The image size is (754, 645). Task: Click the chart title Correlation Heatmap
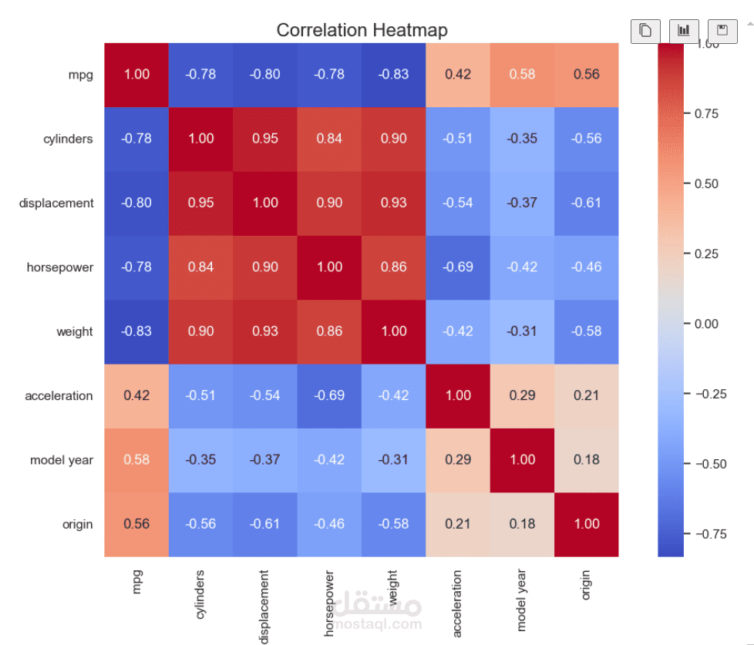[x=362, y=30]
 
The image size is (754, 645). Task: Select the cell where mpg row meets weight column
[x=394, y=75]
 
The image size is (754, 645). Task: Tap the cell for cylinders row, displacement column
[x=265, y=139]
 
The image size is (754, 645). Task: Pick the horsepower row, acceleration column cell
[x=458, y=267]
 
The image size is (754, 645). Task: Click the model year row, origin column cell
[x=587, y=460]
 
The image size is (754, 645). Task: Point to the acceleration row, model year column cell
[x=522, y=396]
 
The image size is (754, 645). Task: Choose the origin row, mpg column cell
[x=136, y=524]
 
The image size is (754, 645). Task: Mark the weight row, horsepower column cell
[x=329, y=331]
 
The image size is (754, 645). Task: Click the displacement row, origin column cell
[x=587, y=203]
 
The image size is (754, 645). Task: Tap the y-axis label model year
[x=62, y=460]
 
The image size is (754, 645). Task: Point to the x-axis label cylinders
[x=201, y=596]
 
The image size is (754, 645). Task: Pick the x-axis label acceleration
[x=458, y=603]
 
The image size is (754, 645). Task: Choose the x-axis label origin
[x=587, y=586]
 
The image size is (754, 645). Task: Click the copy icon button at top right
[x=645, y=31]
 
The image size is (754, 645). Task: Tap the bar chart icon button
[x=684, y=31]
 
